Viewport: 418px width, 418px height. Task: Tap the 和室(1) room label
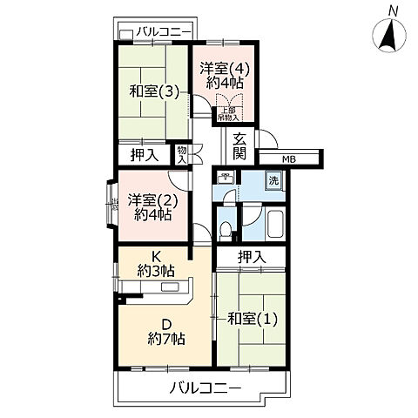click(252, 318)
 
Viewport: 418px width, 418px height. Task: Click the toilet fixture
click(226, 231)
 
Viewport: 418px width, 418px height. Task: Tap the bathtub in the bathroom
click(274, 225)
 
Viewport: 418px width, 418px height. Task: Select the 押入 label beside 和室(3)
click(143, 156)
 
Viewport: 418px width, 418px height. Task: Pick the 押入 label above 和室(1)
click(252, 257)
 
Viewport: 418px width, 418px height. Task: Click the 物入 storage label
click(181, 154)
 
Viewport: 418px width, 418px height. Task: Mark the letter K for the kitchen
click(158, 255)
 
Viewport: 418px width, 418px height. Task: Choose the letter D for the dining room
click(158, 321)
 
